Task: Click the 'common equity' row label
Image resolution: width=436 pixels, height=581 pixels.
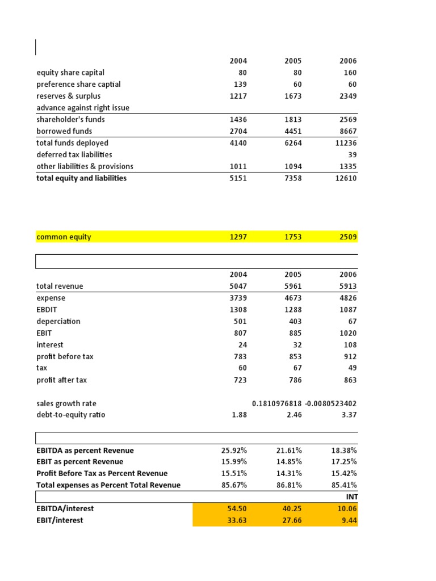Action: (64, 237)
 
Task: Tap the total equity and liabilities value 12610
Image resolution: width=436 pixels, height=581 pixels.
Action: (345, 178)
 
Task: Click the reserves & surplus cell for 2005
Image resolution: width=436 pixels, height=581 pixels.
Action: (292, 96)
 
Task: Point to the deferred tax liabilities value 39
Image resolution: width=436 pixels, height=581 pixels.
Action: (352, 155)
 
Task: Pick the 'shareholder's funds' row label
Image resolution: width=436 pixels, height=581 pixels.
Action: (70, 120)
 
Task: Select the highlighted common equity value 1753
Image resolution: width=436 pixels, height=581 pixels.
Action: (292, 237)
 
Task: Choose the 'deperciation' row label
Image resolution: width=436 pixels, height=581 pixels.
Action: (58, 321)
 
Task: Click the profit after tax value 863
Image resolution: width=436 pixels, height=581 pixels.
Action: (350, 380)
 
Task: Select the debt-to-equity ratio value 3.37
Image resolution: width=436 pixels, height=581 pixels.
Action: (348, 415)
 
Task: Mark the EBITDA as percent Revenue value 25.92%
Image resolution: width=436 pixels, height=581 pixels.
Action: (234, 451)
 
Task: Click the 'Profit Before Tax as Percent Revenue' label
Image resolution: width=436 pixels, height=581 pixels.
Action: (102, 474)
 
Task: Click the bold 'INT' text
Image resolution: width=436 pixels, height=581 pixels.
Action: (351, 497)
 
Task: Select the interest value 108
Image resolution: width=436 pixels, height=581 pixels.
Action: (350, 345)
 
